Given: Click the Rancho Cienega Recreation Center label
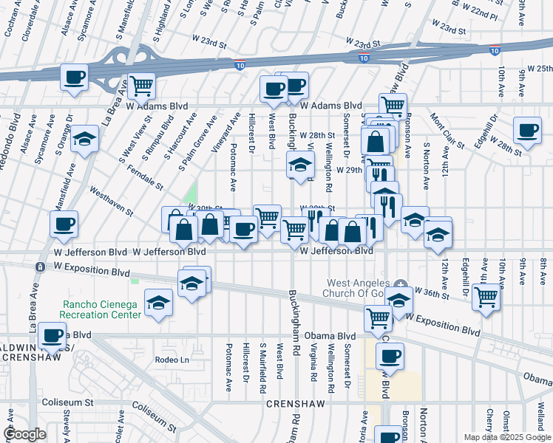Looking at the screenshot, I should (x=101, y=309).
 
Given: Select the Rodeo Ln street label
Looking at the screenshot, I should (x=172, y=360).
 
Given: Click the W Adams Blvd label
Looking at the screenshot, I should (x=330, y=106).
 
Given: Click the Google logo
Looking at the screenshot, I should (x=24, y=435).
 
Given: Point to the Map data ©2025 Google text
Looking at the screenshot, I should (x=507, y=437).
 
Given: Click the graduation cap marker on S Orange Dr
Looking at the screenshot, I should (x=85, y=139).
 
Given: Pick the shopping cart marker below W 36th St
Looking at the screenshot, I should (x=486, y=297).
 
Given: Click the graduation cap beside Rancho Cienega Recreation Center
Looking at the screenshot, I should (x=157, y=303).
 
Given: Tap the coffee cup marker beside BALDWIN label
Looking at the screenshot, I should (x=52, y=335).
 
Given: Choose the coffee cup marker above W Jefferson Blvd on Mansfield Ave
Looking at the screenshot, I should (x=64, y=223).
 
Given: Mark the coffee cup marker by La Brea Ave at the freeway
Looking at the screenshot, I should (x=74, y=77).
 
